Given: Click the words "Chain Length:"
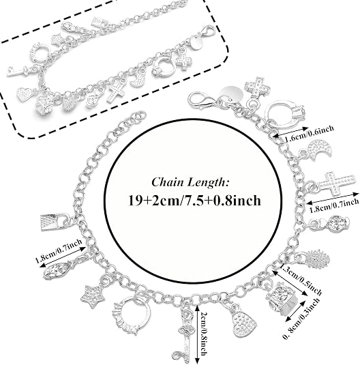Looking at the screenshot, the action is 190,181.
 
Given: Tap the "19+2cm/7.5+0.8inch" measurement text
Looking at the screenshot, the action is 194,200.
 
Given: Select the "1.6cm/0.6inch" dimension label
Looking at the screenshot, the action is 310,134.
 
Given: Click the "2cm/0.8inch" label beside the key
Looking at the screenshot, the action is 202,333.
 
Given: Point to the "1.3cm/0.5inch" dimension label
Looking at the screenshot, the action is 301,279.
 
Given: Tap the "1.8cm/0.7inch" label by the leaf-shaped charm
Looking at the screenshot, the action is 59,250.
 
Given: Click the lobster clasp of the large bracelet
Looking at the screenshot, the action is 201,100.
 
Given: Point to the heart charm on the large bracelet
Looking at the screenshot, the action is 243,321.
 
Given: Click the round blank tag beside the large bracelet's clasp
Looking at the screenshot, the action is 232,93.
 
